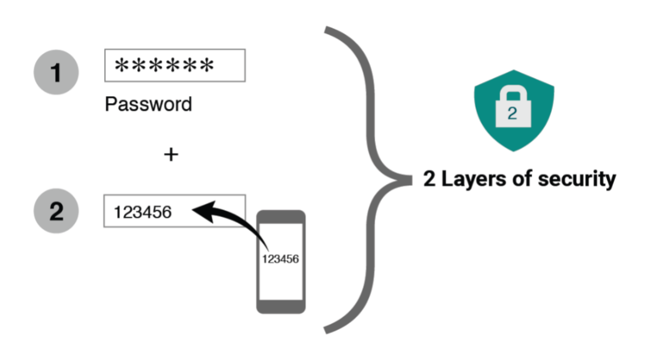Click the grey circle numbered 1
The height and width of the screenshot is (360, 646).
[x=56, y=72]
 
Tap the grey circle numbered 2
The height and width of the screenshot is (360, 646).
[x=56, y=211]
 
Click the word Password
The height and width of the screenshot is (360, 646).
[x=149, y=104]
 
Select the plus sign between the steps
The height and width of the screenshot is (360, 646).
[x=171, y=155]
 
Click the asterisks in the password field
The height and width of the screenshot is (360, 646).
[x=164, y=65]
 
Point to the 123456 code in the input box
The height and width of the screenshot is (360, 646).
[x=143, y=212]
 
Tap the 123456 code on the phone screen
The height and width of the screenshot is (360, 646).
[x=280, y=259]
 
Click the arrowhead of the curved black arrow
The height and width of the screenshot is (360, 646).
[x=204, y=211]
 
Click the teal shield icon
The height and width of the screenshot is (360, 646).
[x=514, y=111]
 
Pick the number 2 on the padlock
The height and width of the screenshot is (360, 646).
[x=512, y=113]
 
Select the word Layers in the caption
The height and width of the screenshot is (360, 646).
[x=474, y=179]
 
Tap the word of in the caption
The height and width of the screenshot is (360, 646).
[x=522, y=178]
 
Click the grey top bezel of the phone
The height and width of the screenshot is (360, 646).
[x=281, y=217]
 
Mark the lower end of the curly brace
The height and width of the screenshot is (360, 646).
[x=326, y=330]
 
